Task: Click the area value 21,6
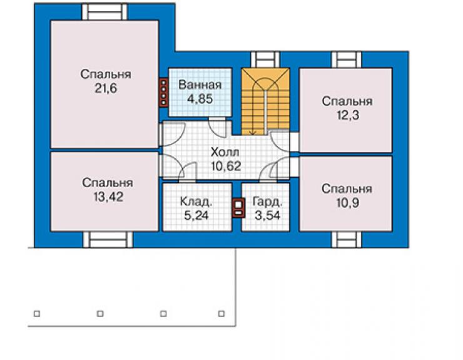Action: tap(106, 88)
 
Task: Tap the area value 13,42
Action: tap(108, 197)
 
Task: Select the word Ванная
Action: tap(200, 85)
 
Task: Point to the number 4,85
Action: tap(200, 99)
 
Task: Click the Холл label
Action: tap(225, 152)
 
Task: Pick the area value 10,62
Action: tap(226, 166)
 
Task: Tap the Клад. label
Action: tap(196, 202)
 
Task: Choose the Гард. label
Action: tap(268, 202)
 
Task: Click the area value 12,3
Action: tap(348, 115)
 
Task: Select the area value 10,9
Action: tap(347, 203)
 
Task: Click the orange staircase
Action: tap(265, 101)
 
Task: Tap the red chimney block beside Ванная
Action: tap(163, 92)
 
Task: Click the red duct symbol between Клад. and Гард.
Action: tap(238, 207)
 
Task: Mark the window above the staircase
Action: tap(265, 59)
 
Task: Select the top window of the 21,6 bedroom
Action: tap(104, 12)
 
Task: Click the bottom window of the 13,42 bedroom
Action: tap(108, 239)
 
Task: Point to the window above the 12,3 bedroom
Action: tap(347, 59)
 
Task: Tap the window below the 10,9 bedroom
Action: tap(347, 239)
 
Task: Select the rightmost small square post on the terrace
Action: tap(221, 314)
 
